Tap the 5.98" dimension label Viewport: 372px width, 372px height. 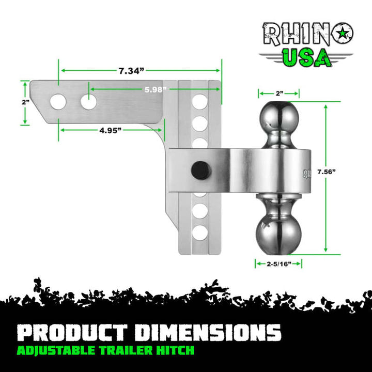[x=155, y=89]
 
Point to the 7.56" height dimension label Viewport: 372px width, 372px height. [x=341, y=171]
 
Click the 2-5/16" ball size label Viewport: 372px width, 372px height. [x=278, y=263]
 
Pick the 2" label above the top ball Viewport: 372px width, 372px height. [x=279, y=94]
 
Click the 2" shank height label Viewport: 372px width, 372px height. [x=25, y=102]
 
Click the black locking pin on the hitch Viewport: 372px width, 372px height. [x=200, y=169]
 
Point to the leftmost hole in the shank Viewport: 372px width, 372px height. [x=58, y=102]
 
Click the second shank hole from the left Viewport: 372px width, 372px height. [x=88, y=102]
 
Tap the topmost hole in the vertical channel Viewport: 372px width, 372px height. [x=200, y=102]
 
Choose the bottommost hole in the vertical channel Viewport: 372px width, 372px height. [x=200, y=233]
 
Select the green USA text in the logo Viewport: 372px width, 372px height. [x=308, y=58]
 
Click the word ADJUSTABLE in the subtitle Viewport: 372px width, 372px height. [x=51, y=351]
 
